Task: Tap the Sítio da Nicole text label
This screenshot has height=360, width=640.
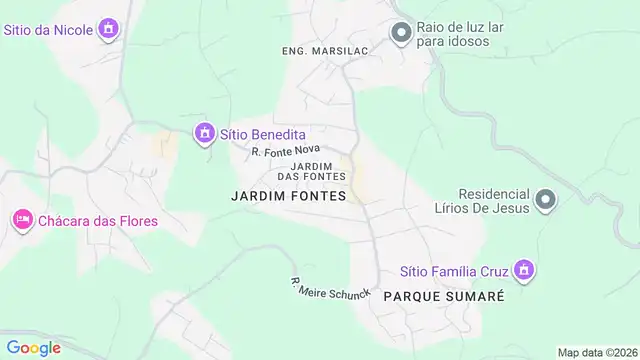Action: click(50, 29)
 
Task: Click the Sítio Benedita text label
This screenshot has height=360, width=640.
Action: click(264, 134)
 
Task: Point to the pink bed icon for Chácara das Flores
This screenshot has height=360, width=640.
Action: click(22, 219)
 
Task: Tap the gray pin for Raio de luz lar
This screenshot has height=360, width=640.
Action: click(401, 34)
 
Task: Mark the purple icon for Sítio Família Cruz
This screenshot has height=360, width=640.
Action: click(521, 269)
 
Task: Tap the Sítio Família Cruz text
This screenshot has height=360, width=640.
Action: click(454, 270)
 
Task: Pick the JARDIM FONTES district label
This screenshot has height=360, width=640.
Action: click(288, 196)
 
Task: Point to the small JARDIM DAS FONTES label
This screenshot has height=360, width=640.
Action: click(318, 171)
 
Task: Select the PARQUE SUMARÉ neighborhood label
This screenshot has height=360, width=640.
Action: click(443, 298)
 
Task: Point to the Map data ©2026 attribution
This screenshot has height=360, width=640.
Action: click(597, 352)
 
